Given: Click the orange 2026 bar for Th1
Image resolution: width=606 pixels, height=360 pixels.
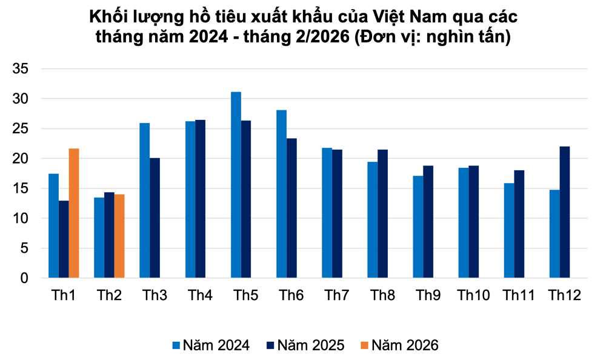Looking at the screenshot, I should pos(74,213).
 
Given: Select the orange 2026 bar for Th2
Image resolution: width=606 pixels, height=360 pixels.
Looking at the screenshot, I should pos(119,236).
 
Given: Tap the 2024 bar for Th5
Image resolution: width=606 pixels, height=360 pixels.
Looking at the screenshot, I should pos(236,185).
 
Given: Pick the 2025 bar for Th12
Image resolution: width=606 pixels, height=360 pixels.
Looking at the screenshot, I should pos(564,212).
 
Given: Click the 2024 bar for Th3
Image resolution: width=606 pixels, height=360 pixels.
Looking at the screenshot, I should pos(144,201).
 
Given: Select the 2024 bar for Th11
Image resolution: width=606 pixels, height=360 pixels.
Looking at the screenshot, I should pos(509,230).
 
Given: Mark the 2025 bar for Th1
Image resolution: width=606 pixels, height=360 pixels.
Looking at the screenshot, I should pos(64,239).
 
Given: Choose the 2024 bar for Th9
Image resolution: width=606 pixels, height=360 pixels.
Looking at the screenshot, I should pos(418,227).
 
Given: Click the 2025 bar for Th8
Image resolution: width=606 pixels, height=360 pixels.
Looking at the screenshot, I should pos(382,214).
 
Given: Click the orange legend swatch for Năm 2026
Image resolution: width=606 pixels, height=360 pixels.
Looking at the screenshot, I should pos(363,345).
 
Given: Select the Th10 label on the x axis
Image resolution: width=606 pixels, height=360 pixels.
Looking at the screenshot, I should pos(473,296).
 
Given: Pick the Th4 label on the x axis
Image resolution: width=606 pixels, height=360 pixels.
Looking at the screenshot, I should pos(200,296).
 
